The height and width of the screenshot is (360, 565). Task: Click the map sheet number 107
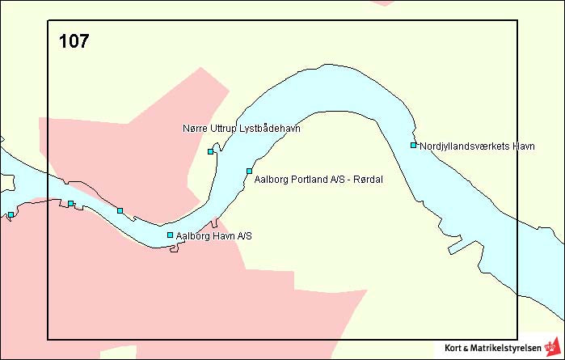(x=74, y=41)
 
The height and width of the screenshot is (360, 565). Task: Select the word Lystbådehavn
(x=269, y=129)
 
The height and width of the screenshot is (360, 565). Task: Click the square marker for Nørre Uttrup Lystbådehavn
(x=211, y=151)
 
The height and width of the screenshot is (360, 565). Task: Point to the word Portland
(x=305, y=179)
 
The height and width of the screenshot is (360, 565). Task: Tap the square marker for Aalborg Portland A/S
(x=250, y=171)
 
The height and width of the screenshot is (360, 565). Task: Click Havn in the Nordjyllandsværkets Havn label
(x=523, y=146)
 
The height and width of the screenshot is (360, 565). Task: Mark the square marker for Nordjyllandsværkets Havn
(x=413, y=146)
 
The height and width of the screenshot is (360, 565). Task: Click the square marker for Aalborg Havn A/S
(x=170, y=235)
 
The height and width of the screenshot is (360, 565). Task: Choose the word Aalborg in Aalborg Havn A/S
(x=192, y=236)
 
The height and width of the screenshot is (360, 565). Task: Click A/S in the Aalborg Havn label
(x=244, y=236)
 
